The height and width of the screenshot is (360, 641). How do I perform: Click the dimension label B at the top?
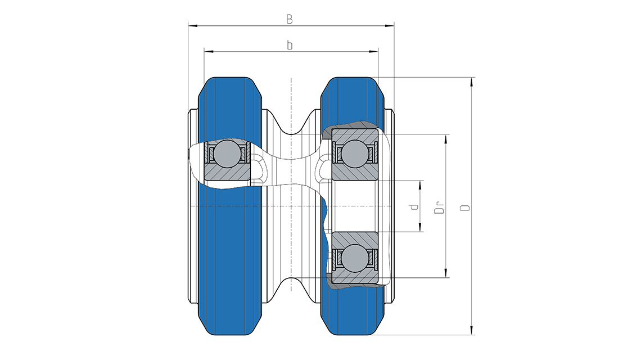[x=290, y=19]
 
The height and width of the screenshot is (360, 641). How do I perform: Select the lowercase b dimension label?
[x=290, y=45]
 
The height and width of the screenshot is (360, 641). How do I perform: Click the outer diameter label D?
[x=465, y=208]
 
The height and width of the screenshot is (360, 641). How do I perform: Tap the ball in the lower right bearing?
[x=354, y=259]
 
